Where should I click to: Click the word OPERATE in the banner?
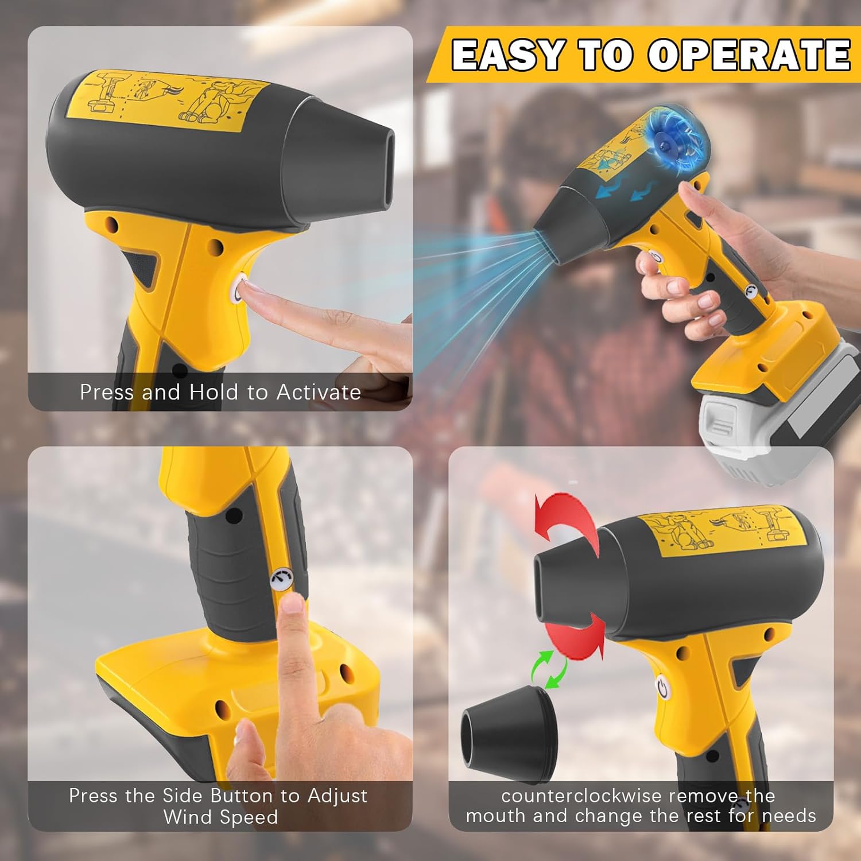point(749,55)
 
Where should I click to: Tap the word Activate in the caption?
point(319,392)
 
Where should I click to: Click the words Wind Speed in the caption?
point(220,817)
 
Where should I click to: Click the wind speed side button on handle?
point(281,579)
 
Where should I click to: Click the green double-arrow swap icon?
point(547,669)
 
